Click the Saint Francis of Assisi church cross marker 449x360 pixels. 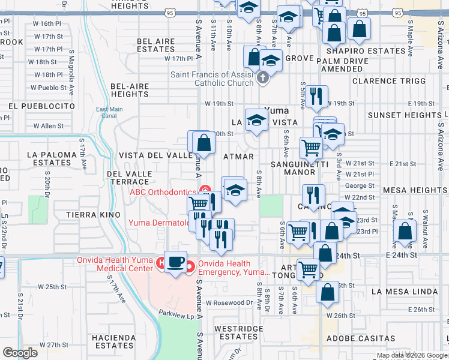coord(262,78)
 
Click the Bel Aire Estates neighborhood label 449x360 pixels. coord(156,46)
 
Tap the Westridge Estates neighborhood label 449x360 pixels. coord(239,332)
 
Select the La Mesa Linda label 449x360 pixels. coord(402,291)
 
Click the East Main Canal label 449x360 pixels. coord(109,112)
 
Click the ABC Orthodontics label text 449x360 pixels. coord(163,192)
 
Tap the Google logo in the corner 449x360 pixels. coord(20,353)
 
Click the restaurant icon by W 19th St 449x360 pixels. coord(316,96)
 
